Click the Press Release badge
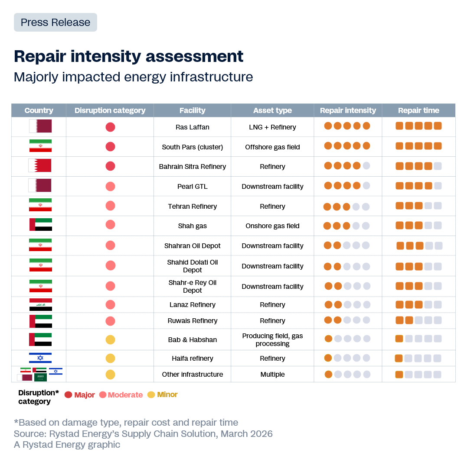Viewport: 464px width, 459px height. point(56,23)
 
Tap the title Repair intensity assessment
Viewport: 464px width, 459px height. point(129,56)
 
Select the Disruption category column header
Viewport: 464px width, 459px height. point(110,110)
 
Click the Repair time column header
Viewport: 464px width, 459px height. point(418,110)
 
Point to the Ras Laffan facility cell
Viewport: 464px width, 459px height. point(193,127)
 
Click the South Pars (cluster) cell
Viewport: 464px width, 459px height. point(193,147)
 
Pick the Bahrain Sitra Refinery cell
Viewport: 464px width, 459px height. point(193,167)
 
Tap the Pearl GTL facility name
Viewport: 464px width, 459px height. point(193,187)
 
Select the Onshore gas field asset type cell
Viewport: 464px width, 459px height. point(272,226)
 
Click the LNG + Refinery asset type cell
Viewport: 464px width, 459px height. point(272,127)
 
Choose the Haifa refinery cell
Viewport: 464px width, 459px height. point(193,359)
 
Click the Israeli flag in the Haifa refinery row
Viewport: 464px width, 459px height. point(40,358)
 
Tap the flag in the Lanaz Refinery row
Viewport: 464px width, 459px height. point(40,304)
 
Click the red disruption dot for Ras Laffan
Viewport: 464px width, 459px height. point(110,127)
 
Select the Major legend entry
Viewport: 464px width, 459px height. point(80,395)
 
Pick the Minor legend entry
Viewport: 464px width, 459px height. point(163,394)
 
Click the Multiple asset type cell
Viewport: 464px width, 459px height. point(272,375)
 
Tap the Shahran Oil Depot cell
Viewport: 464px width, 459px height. point(193,246)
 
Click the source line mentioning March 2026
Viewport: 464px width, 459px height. point(143,433)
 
